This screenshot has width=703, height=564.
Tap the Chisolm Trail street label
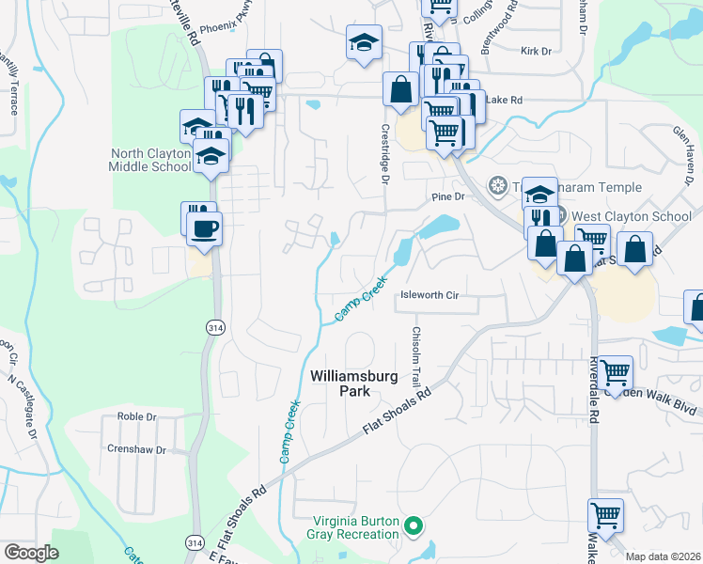(x=414, y=355)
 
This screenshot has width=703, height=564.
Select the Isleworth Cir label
(x=430, y=295)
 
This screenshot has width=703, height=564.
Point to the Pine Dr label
(x=448, y=196)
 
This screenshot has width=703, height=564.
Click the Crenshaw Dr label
(x=137, y=449)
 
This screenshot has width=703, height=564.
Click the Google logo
(x=31, y=553)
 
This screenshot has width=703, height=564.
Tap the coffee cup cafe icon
(x=206, y=227)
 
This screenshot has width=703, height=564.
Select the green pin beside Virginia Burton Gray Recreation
(x=413, y=526)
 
